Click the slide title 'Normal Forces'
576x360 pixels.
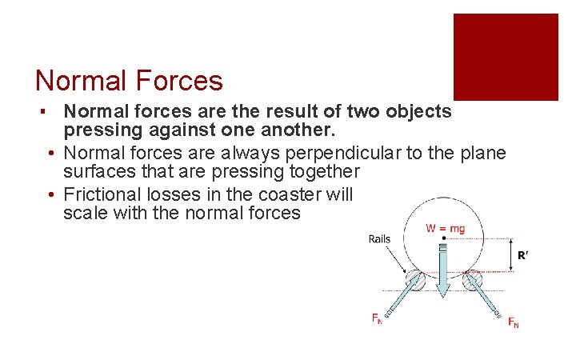pos(129,81)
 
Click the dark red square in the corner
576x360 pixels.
pos(506,57)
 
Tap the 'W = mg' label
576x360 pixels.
pos(445,229)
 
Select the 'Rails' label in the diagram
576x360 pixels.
pos(380,238)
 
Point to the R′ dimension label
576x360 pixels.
pos(524,256)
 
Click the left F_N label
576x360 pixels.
pos(377,319)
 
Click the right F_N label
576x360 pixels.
pos(513,322)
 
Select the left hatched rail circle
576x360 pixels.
pos(414,280)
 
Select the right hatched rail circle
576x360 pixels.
pos(473,280)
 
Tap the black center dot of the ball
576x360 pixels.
pos(444,238)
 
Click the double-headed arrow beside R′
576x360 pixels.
pos(510,256)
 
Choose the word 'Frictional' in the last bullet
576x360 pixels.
pos(101,194)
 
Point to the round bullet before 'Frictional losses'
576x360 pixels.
pos(50,194)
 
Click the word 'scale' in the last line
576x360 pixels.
pos(85,214)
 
